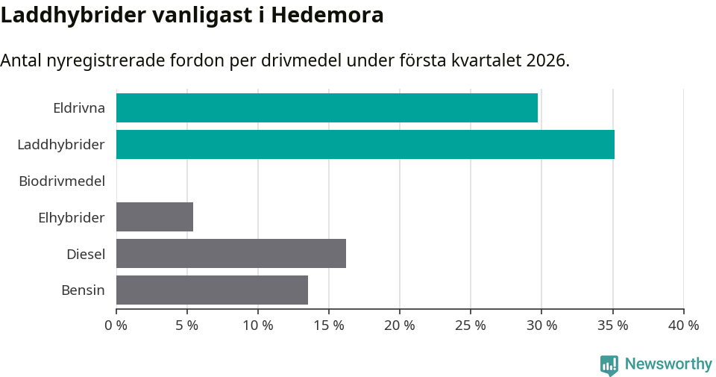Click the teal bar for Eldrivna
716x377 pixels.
coord(327,108)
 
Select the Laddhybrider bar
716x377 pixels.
coord(365,145)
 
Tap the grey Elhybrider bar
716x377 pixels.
coord(154,217)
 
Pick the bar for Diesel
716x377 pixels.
coord(231,254)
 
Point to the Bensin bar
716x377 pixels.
coord(212,290)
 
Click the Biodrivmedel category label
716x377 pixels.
coord(62,181)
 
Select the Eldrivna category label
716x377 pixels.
coord(79,108)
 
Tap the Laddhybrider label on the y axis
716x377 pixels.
coord(61,145)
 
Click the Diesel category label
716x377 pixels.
coord(86,255)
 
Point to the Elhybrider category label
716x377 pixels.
coord(72,218)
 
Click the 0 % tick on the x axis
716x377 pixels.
coord(116,325)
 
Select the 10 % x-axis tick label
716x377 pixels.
coord(258,325)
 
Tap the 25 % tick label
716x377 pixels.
coord(471,325)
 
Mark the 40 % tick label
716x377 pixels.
coord(683,325)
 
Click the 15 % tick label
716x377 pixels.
coord(329,325)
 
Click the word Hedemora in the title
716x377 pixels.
coord(327,15)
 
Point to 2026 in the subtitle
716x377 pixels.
coord(545,60)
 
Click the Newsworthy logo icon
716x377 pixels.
coord(609,365)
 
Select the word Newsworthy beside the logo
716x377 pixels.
coord(668,364)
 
